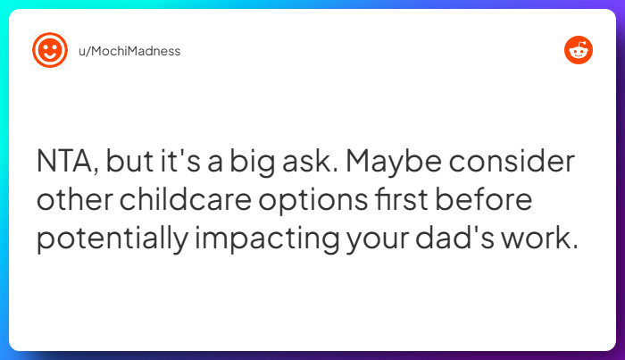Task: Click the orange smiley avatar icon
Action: pyautogui.click(x=50, y=51)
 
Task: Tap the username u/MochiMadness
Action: pyautogui.click(x=129, y=51)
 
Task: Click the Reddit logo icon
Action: pyautogui.click(x=579, y=51)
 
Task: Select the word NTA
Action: pyautogui.click(x=70, y=163)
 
